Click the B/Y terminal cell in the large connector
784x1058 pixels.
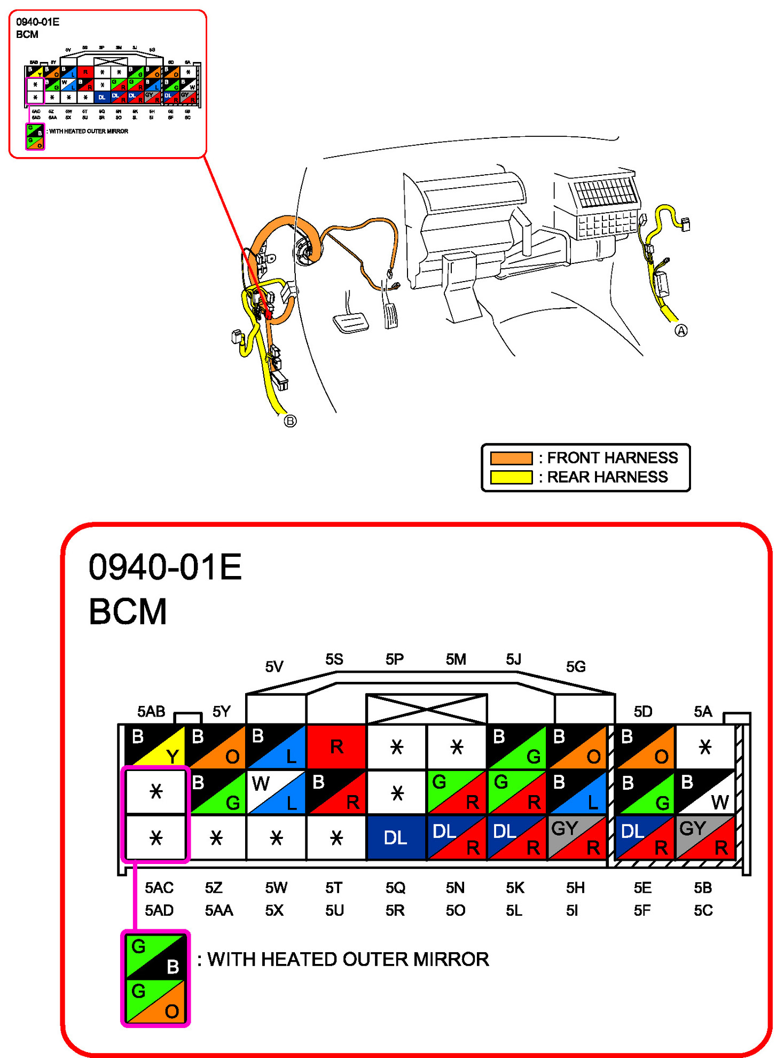[x=155, y=745]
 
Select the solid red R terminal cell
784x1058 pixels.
[x=336, y=746]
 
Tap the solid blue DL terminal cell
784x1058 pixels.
[x=396, y=837]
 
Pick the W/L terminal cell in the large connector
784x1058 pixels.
[x=276, y=792]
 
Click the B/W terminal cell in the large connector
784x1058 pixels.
[x=705, y=792]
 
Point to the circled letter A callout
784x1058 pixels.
[x=681, y=331]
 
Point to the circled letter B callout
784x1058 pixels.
[x=290, y=421]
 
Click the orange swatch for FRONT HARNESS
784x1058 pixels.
[x=511, y=458]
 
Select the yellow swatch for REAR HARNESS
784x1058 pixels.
[x=511, y=477]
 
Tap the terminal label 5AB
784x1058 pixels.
[x=151, y=711]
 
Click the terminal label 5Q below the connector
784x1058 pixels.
[x=396, y=888]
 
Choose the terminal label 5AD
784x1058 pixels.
[x=159, y=910]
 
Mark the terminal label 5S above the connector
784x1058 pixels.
[x=334, y=659]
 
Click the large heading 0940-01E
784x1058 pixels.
[x=165, y=567]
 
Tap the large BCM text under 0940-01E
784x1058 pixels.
[x=128, y=611]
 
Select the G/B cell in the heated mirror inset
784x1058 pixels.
[x=155, y=955]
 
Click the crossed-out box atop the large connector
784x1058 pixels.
[x=426, y=709]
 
